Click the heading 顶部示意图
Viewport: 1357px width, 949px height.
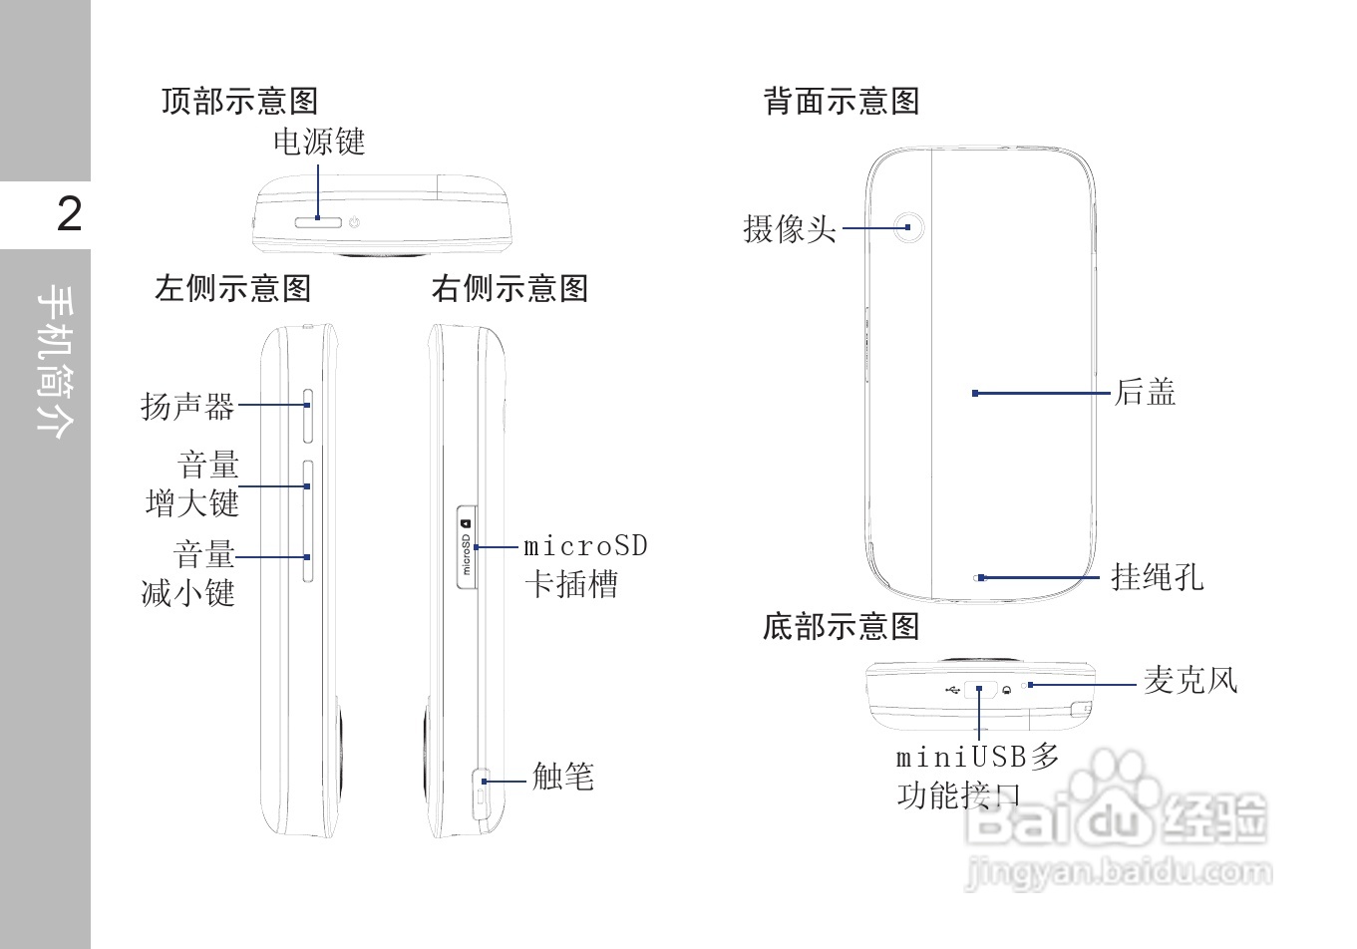pos(239,101)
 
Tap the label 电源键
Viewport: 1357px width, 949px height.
pos(319,143)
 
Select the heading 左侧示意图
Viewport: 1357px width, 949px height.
pos(232,289)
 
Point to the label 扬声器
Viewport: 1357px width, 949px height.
pos(187,406)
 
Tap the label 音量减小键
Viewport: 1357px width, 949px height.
pos(190,574)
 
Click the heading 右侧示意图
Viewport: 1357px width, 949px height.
pos(509,289)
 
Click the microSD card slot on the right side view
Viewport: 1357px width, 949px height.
pos(466,547)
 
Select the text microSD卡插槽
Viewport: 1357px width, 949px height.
pos(585,565)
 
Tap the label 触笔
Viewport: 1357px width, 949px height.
pos(562,777)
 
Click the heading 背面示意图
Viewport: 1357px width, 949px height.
pos(841,101)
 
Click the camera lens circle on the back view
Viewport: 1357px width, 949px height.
pos(907,227)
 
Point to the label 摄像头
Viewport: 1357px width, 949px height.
pos(789,229)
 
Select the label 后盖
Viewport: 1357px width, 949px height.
pos(1145,393)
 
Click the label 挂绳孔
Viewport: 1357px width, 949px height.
pos(1157,576)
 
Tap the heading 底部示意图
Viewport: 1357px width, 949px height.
pos(841,627)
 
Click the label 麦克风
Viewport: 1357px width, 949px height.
pos(1189,681)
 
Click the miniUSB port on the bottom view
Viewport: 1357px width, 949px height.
pos(981,688)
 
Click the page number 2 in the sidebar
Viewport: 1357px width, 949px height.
pos(69,214)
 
